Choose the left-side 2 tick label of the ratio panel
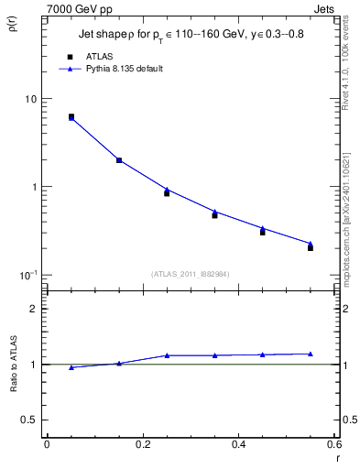click(34, 309)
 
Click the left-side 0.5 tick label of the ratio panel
click(29, 420)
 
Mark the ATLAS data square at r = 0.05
click(71, 117)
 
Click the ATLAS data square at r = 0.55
click(311, 248)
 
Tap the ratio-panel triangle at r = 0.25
click(167, 355)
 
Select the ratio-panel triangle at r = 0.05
click(71, 367)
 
